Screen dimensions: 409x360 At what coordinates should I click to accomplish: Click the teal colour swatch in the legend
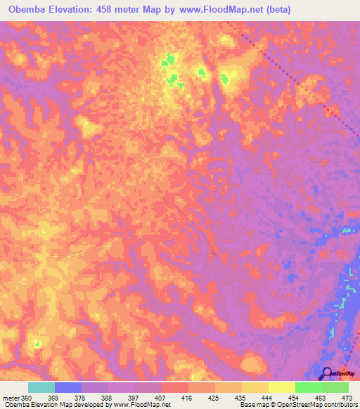41,387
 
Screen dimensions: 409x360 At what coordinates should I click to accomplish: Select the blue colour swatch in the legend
68,387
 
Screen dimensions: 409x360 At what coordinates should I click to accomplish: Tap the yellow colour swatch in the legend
282,387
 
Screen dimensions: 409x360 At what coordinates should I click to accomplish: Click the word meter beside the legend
12,398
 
